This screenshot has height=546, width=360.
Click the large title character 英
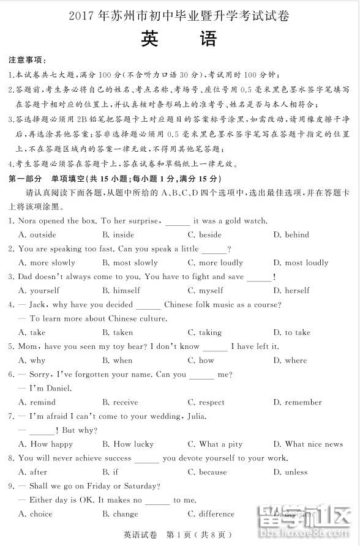(x=150, y=39)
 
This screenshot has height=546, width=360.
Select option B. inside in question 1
(x=118, y=234)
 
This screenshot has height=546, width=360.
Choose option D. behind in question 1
(x=291, y=234)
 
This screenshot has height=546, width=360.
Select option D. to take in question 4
(x=291, y=332)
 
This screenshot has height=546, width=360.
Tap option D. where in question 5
(x=290, y=361)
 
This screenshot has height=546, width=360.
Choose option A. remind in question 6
(x=37, y=402)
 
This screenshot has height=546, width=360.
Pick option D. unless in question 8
(x=290, y=472)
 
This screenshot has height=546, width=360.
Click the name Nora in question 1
(x=29, y=221)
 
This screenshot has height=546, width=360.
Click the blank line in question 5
(x=215, y=348)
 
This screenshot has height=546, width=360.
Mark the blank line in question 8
(x=147, y=460)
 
